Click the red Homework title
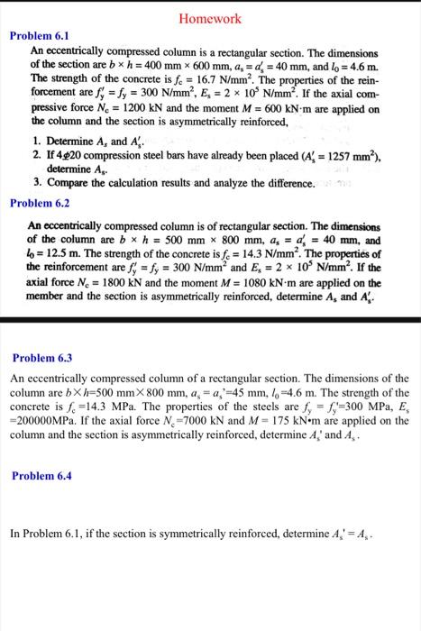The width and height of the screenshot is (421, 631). click(x=210, y=18)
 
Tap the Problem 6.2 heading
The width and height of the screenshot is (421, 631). click(x=39, y=202)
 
